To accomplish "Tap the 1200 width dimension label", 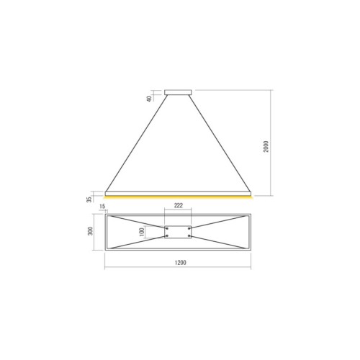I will click(180, 263).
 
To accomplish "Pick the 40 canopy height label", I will click(150, 99).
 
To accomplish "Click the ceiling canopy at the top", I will click(179, 91).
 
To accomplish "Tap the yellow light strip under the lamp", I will click(179, 196).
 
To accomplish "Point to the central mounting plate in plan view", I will click(179, 233).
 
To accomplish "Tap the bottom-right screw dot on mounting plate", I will click(189, 236).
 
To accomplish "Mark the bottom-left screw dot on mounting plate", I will click(168, 236).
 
